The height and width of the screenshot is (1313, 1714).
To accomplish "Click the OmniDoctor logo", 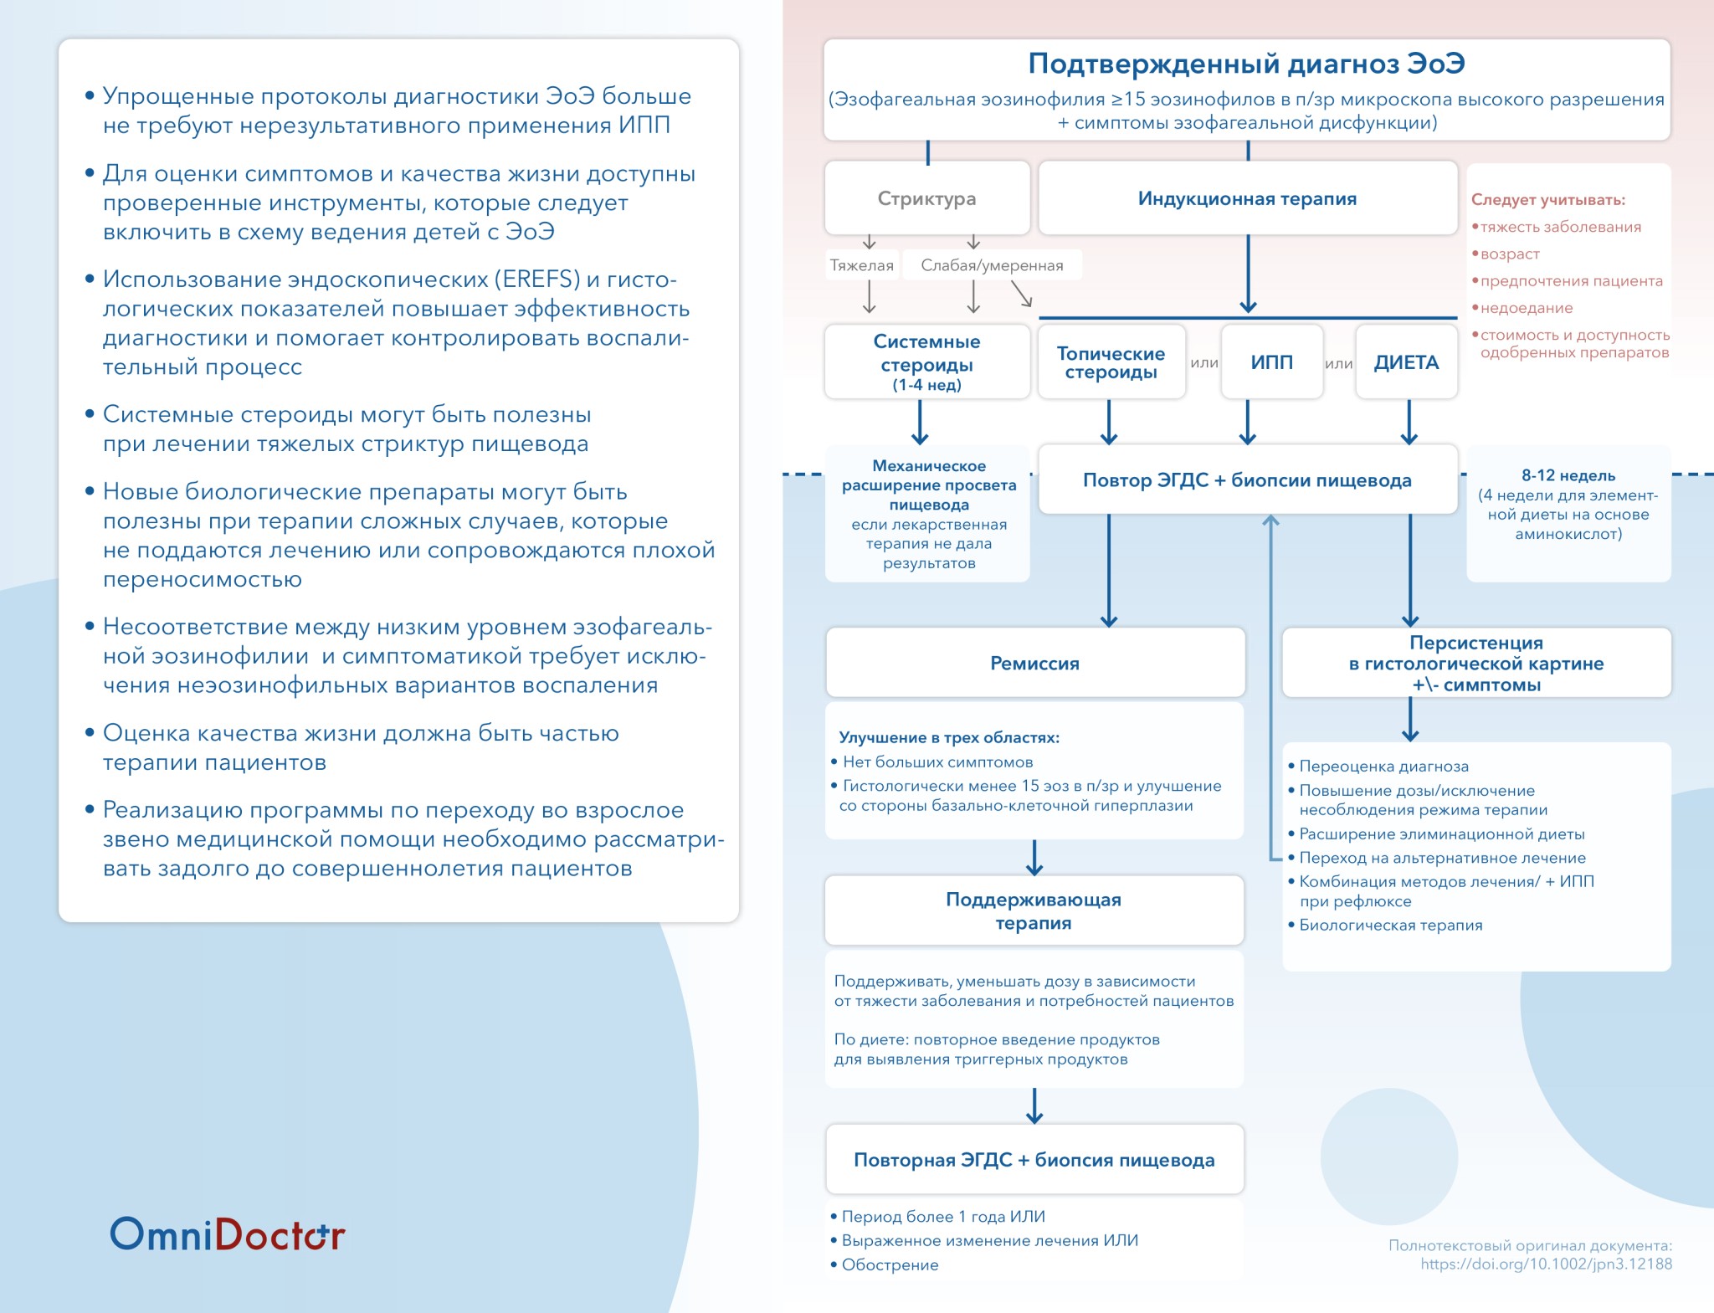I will (228, 1234).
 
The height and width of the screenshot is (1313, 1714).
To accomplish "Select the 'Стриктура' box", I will (926, 198).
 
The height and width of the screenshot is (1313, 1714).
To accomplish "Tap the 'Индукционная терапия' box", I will (1247, 198).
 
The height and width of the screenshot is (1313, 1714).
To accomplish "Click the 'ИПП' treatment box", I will (1271, 362).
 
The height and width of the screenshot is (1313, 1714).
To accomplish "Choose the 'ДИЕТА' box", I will (1406, 362).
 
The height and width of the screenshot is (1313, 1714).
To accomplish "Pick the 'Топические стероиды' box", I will (1111, 362).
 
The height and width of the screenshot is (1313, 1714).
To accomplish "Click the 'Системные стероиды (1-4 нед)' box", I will (926, 362).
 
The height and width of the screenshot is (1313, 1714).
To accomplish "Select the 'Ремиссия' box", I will (1034, 663).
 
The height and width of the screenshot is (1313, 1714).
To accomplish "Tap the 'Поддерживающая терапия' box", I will (1034, 910).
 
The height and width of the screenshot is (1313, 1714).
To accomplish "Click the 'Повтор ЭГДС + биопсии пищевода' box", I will (1247, 480).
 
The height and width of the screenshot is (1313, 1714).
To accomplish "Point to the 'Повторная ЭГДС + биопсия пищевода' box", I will (1034, 1159).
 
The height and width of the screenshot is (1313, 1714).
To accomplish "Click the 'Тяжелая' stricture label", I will (861, 265).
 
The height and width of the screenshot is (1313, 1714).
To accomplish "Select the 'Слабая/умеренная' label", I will (992, 265).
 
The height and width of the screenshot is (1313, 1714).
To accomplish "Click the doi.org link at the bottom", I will (1546, 1264).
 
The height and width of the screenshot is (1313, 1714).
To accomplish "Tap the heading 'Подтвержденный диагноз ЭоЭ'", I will (1246, 64).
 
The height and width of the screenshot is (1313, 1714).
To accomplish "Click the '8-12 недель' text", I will (1568, 475).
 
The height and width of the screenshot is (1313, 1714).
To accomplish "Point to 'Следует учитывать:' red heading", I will (1548, 200).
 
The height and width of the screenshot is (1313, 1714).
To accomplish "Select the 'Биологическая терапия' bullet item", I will (1390, 925).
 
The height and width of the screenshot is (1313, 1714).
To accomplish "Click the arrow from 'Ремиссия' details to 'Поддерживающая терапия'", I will (1034, 858).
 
